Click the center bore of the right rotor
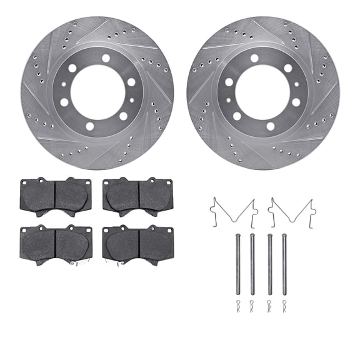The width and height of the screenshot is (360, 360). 262,92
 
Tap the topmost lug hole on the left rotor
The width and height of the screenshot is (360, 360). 105,59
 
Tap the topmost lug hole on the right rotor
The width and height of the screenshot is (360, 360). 254,59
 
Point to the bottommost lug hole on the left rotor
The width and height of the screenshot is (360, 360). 90,126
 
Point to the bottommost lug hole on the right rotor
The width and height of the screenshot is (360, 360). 270,126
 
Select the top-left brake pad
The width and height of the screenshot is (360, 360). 56,196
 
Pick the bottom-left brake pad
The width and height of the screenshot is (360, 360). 56,243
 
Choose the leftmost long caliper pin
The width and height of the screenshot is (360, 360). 238,263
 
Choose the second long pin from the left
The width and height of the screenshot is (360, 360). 252,263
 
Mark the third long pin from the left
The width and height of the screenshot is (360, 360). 269,263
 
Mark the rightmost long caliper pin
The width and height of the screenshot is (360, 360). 284,263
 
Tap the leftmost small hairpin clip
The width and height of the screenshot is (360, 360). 237,306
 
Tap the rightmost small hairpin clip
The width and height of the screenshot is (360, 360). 285,306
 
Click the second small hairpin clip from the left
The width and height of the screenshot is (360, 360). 251,306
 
